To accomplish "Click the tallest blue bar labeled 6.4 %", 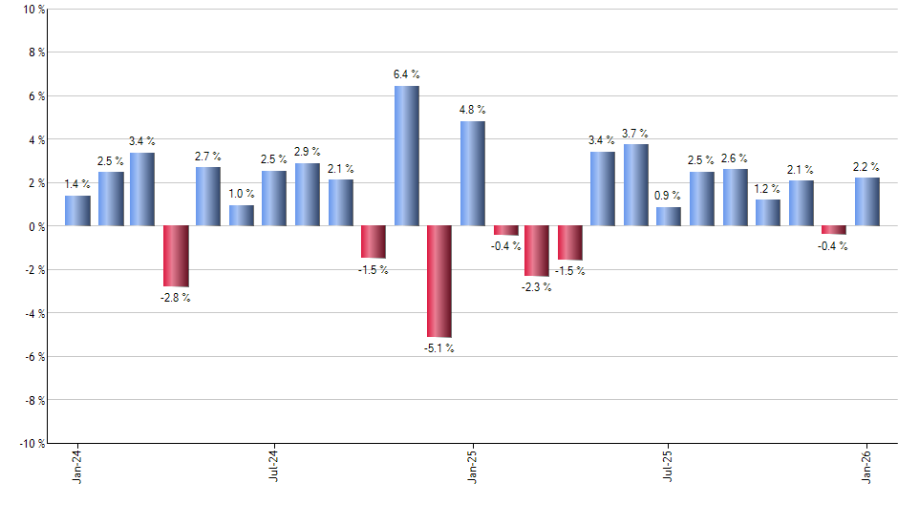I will (406, 156).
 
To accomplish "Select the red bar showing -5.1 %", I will (438, 282).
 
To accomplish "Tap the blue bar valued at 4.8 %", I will (472, 174).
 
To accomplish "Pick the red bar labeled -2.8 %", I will (176, 256).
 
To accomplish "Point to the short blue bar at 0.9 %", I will (669, 217).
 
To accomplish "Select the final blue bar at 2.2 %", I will (866, 202).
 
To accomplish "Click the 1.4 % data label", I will (77, 184).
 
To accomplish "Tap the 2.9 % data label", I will (308, 152).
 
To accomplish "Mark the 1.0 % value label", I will (242, 194).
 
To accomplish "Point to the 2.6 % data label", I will (735, 158).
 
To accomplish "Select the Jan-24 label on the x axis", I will (77, 467).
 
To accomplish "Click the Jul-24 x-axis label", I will (274, 467).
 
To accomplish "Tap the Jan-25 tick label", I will (472, 467).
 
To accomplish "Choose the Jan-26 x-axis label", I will (866, 467).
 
